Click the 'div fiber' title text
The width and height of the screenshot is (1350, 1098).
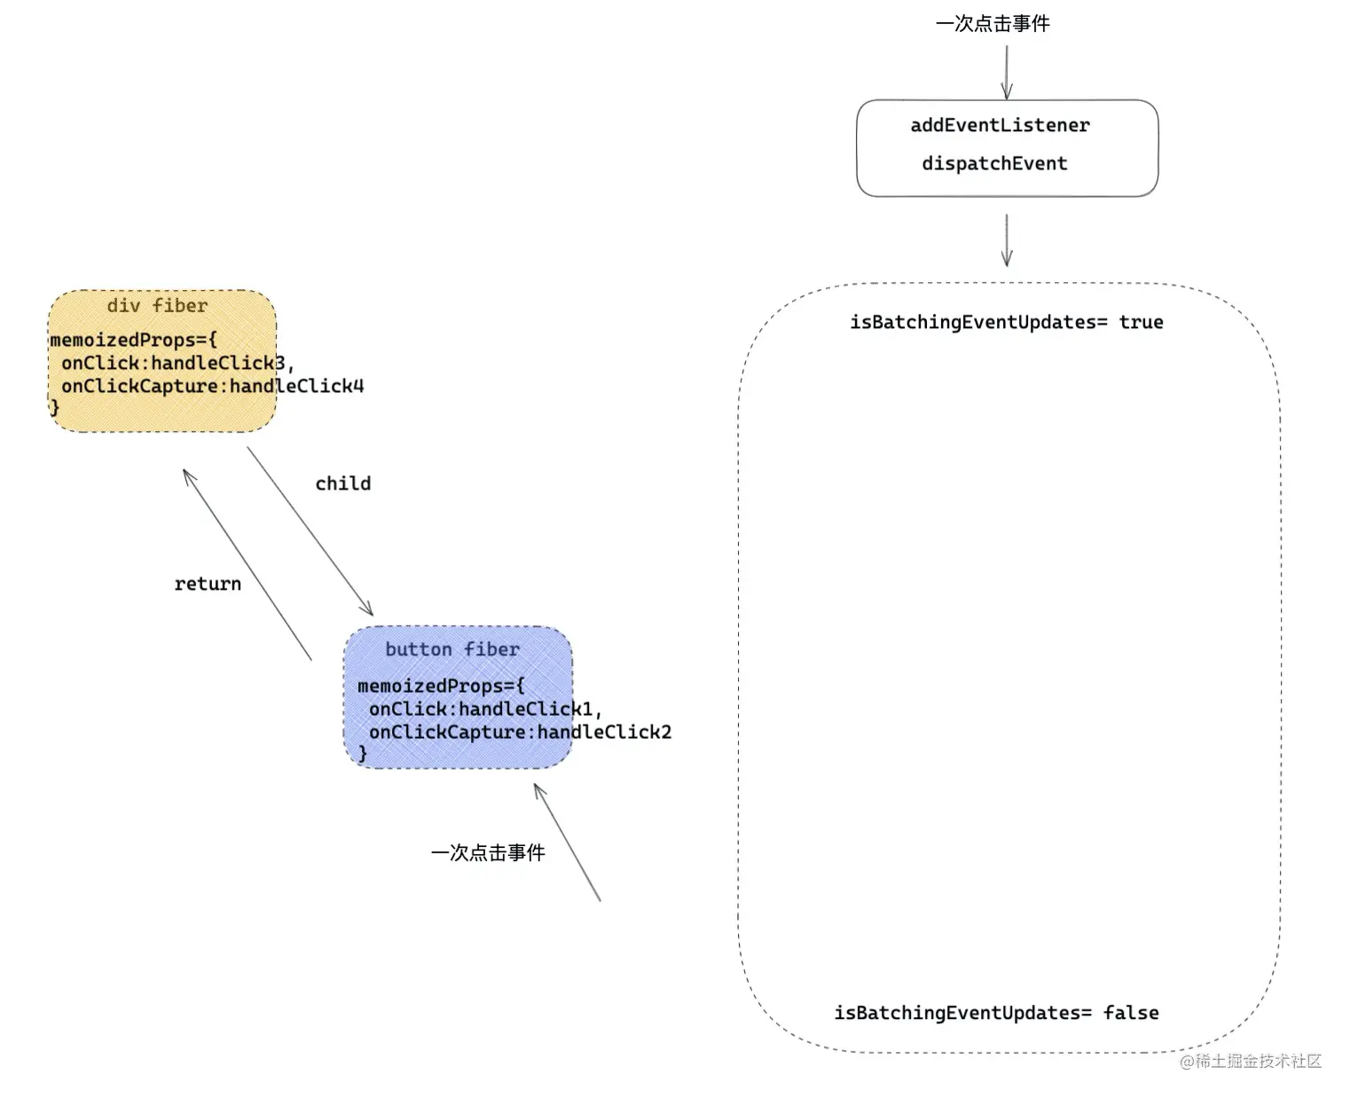click(x=157, y=306)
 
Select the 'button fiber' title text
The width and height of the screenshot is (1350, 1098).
click(x=452, y=649)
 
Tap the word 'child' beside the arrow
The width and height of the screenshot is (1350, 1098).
click(x=343, y=483)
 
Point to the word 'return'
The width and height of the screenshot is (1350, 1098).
click(x=208, y=584)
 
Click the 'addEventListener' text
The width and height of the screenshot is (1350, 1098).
click(x=1000, y=125)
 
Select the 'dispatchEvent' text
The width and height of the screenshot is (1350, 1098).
click(x=994, y=163)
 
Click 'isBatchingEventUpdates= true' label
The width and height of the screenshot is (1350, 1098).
click(x=1006, y=322)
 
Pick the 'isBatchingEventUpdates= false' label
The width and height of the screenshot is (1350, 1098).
click(x=996, y=1013)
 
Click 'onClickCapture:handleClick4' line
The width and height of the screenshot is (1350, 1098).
click(x=213, y=386)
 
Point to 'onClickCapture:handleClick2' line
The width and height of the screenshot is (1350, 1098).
click(x=521, y=732)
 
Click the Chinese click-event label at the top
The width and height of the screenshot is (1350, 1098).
click(x=993, y=24)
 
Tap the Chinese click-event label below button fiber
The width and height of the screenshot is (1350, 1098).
click(x=488, y=852)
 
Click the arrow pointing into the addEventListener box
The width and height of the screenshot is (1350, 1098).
click(x=1007, y=71)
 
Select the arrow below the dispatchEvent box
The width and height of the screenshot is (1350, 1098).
click(x=1007, y=239)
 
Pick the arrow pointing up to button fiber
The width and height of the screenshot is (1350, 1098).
click(x=567, y=842)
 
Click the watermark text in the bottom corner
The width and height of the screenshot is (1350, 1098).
click(x=1251, y=1061)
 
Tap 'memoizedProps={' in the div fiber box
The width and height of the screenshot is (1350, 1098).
click(x=133, y=340)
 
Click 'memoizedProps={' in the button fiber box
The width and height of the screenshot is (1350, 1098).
click(x=441, y=686)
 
